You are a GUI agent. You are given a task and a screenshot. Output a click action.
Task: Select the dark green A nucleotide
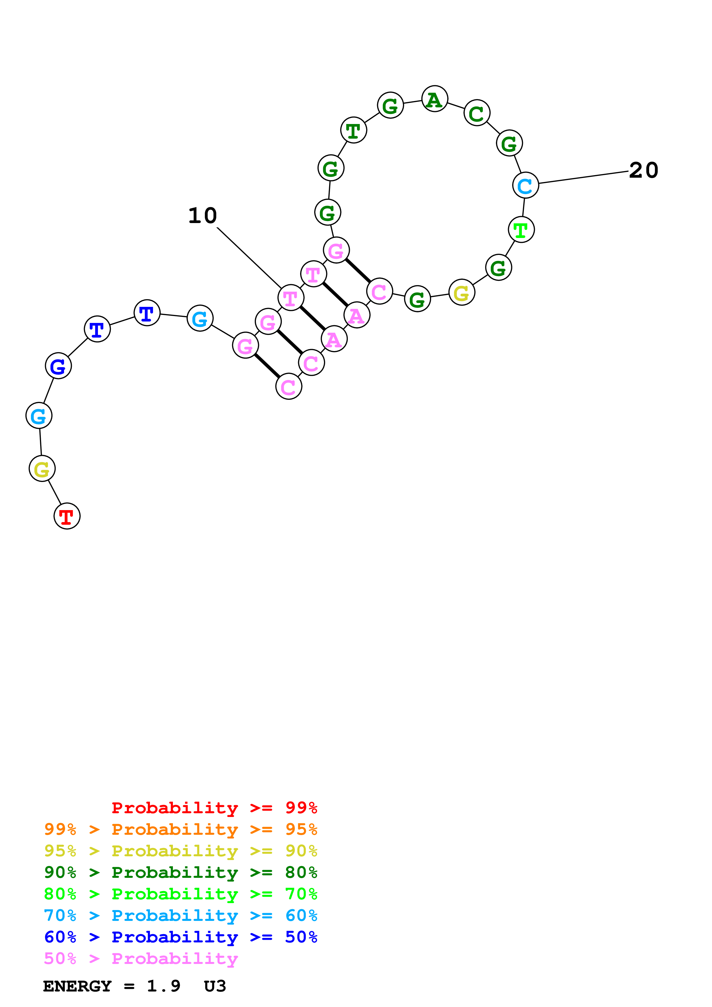(x=434, y=99)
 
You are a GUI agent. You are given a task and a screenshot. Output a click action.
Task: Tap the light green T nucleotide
(x=521, y=229)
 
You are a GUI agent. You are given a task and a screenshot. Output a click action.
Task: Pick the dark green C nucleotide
(x=476, y=113)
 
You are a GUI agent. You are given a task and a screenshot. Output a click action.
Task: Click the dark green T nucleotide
(x=353, y=130)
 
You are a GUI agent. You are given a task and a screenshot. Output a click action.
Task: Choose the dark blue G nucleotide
(x=58, y=366)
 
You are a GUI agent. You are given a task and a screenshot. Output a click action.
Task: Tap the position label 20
(x=644, y=171)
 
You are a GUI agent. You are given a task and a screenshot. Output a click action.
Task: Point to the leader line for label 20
(x=583, y=178)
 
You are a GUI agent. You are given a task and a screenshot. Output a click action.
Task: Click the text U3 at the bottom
(x=215, y=986)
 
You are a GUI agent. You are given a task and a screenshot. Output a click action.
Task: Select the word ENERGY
(x=77, y=986)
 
